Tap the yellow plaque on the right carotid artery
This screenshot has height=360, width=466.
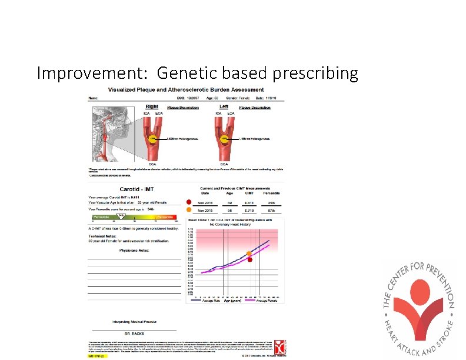coord(152,141)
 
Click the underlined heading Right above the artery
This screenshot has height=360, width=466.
coord(151,106)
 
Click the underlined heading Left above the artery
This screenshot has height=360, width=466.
coord(224,106)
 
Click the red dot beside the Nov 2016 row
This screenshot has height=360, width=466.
coord(189,200)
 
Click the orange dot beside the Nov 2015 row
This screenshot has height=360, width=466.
coord(189,209)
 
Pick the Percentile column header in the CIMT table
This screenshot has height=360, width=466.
coord(271,192)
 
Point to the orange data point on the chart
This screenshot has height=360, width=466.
coord(249,254)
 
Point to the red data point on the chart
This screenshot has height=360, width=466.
coord(249,259)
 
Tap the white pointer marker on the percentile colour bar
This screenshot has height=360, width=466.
coord(122,216)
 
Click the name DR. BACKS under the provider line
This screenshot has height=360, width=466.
coord(134,333)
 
